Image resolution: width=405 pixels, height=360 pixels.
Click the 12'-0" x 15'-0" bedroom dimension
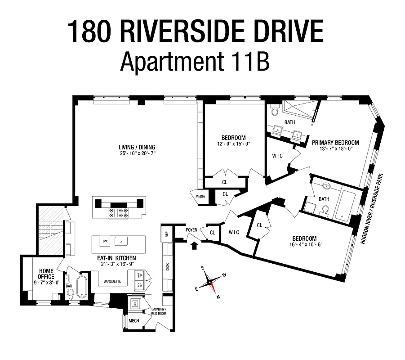click(233, 144)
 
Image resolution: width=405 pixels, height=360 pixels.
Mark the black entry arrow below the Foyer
click(194, 245)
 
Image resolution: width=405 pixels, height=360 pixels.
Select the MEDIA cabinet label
click(200, 196)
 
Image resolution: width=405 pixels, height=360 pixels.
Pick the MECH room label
click(134, 320)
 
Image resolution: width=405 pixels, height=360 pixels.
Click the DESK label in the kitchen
click(167, 266)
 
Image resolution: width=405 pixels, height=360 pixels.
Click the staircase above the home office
click(50, 229)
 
